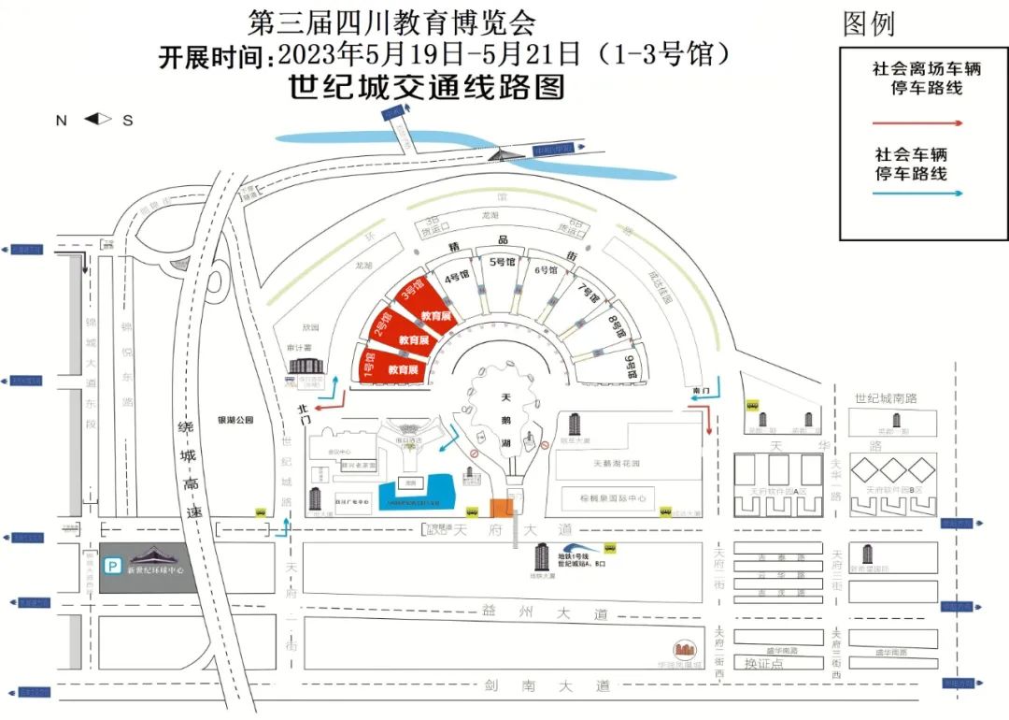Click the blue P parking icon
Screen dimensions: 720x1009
pyautogui.click(x=112, y=566)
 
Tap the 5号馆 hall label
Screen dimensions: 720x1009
pyautogui.click(x=503, y=263)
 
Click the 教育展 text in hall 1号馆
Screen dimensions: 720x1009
pyautogui.click(x=402, y=370)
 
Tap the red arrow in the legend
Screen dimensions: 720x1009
pyautogui.click(x=917, y=122)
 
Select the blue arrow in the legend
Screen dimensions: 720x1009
pyautogui.click(x=917, y=194)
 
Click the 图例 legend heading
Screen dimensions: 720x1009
pyautogui.click(x=869, y=24)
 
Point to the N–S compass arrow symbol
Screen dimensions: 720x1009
pyautogui.click(x=97, y=119)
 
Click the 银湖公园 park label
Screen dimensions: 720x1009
pyautogui.click(x=235, y=421)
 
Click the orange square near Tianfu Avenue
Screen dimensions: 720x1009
pyautogui.click(x=502, y=508)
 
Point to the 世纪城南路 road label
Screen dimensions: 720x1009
pyautogui.click(x=886, y=398)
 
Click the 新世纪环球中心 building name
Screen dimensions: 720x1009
pyautogui.click(x=157, y=569)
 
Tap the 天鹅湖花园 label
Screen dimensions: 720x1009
pyautogui.click(x=616, y=463)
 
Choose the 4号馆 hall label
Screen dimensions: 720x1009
pyautogui.click(x=456, y=277)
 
